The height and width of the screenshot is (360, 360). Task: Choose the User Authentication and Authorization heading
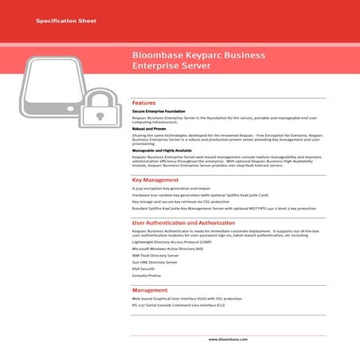tap(183, 223)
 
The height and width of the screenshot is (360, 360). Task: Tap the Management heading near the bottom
tap(150, 291)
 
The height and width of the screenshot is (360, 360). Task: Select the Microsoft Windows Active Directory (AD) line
tap(167, 248)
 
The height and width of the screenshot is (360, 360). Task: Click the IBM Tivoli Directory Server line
tap(155, 255)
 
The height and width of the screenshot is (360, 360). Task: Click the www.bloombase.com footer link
tap(229, 339)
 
